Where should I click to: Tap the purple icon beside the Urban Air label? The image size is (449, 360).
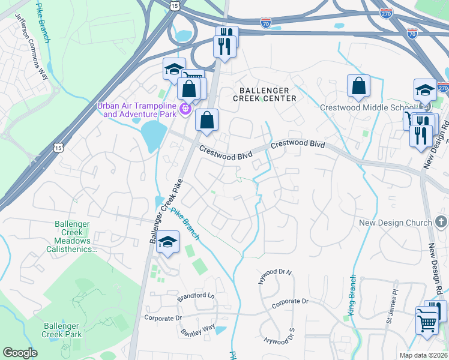click(186, 109)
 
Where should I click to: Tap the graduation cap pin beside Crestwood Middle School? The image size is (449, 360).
click(425, 91)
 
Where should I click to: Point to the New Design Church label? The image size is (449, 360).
click(395, 223)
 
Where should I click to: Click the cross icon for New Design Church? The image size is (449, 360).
click(441, 223)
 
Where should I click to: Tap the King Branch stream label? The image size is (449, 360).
click(352, 295)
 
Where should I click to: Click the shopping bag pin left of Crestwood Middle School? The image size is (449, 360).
click(358, 86)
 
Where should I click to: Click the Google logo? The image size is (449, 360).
click(20, 353)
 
